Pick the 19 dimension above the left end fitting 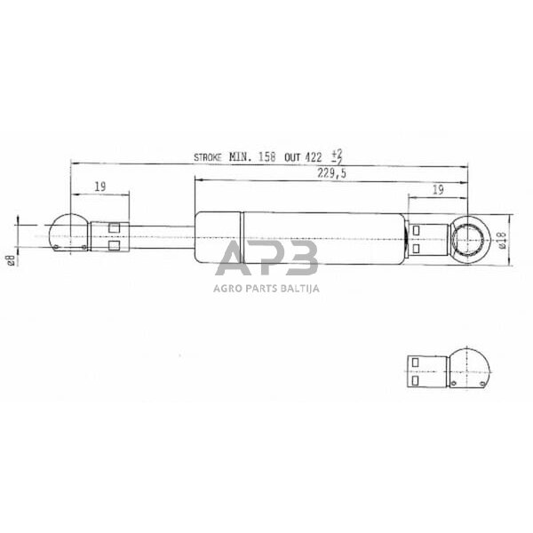100,187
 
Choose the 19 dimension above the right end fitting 437,187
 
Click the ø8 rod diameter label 11,259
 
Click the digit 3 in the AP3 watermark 301,259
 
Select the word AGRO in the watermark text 227,288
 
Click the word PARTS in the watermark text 261,288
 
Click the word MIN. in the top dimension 240,156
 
